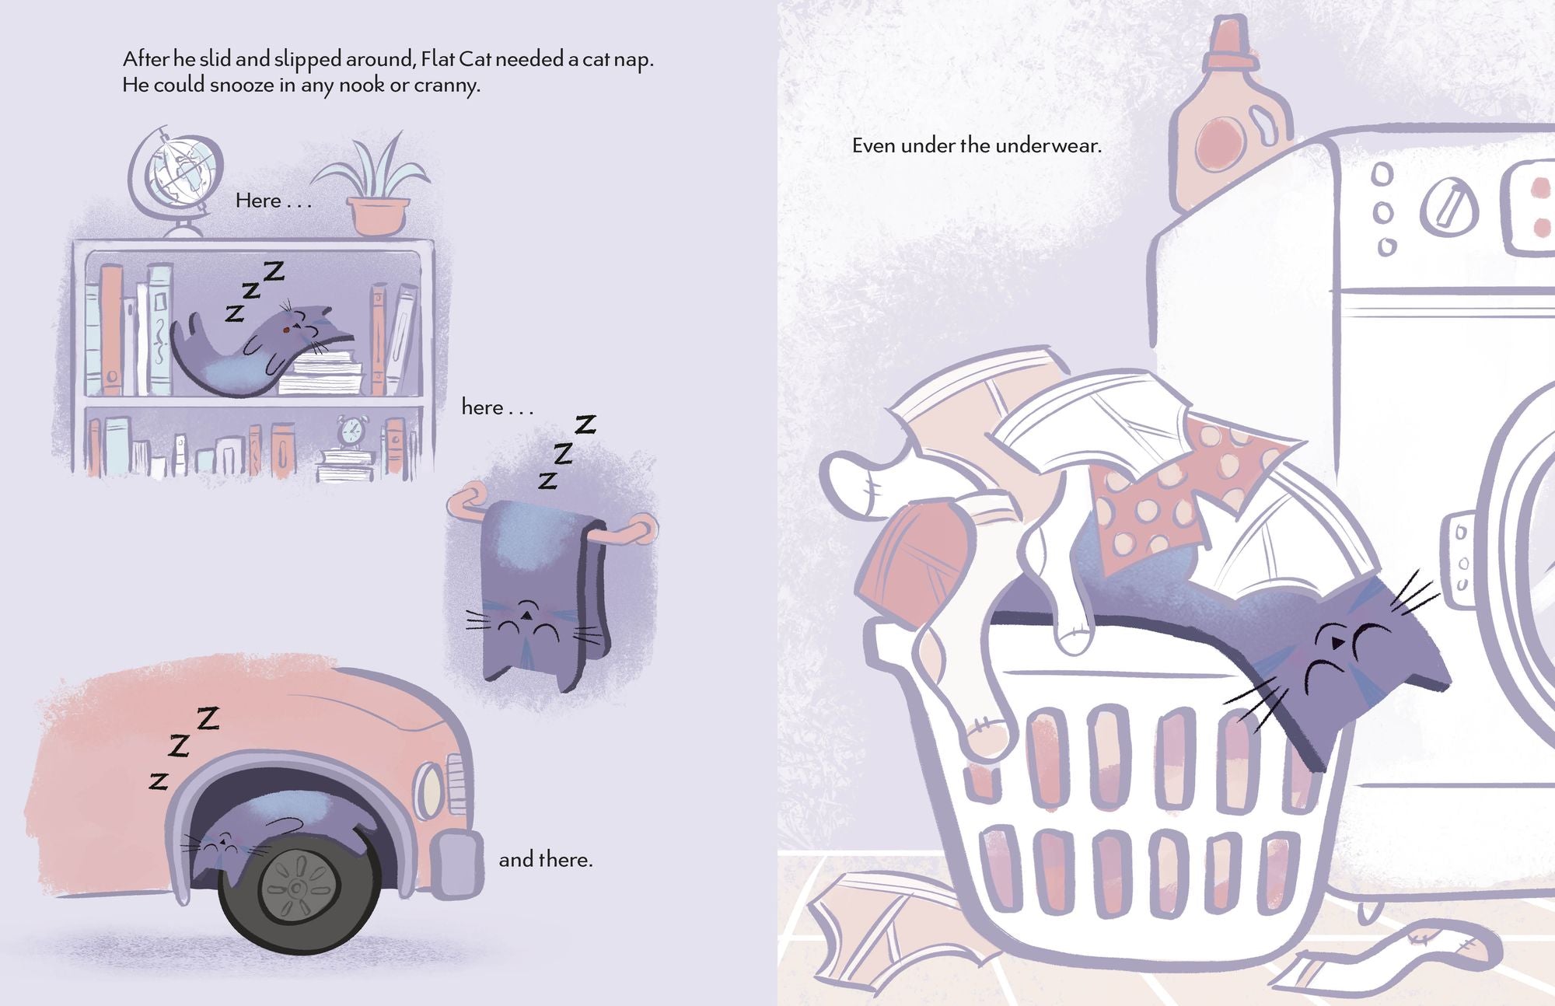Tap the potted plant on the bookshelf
373,187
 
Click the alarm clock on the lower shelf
351,432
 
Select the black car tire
299,885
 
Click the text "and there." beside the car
546,860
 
